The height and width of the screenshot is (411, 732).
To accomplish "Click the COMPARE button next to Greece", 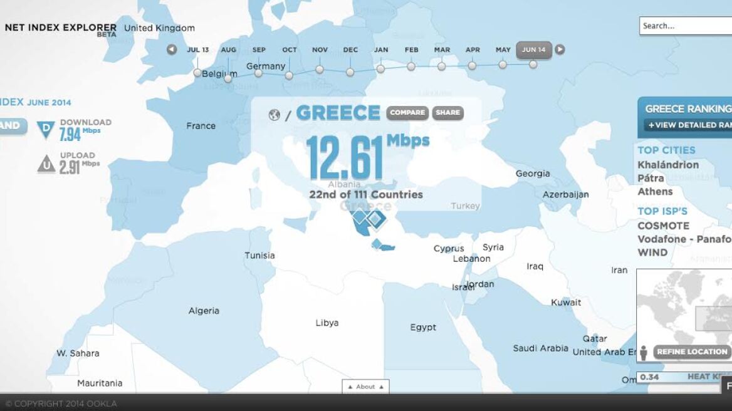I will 408,113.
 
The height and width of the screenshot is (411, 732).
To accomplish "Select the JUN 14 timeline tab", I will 533,50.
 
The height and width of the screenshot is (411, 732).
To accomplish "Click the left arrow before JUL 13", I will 172,49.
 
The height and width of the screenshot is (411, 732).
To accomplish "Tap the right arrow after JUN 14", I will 560,49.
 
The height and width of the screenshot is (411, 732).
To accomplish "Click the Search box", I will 685,26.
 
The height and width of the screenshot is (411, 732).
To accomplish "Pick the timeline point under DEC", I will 350,72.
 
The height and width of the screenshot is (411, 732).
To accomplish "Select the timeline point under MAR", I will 442,66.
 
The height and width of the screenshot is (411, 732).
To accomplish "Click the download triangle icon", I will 46,130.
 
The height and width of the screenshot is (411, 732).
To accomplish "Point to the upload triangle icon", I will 46,164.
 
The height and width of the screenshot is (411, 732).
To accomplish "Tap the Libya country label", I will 327,323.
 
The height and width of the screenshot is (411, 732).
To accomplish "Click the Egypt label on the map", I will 423,327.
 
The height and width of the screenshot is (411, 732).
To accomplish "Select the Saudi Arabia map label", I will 540,348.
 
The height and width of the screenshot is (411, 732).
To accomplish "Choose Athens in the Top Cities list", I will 655,192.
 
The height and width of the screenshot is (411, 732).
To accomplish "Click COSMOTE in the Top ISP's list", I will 663,226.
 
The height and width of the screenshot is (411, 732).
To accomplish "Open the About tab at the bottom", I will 365,387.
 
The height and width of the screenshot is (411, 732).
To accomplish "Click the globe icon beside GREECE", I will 274,115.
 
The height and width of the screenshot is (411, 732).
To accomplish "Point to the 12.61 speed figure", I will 345,157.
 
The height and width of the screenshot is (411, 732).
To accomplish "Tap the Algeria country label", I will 204,311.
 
